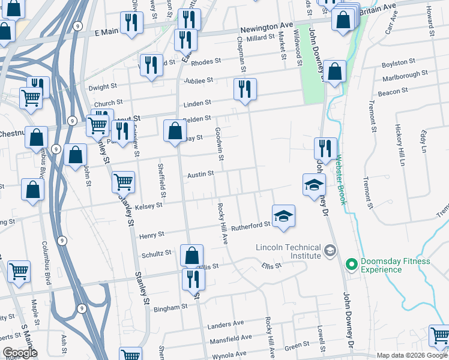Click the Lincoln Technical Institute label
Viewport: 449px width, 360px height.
tap(288, 251)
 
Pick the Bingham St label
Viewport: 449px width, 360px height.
tap(170, 308)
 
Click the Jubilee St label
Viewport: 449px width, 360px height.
tap(201, 80)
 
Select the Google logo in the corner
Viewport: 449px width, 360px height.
tap(20, 353)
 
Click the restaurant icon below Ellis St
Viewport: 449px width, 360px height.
tap(193, 280)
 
